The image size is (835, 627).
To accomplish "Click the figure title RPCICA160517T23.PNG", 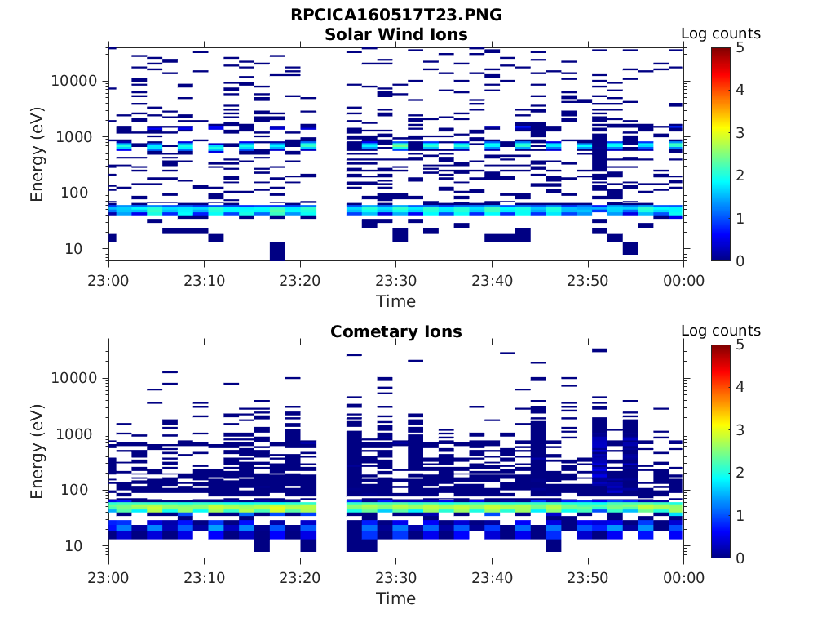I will (x=396, y=16).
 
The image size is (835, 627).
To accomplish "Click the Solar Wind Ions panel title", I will (x=396, y=34).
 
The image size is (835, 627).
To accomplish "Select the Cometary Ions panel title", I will (x=396, y=331).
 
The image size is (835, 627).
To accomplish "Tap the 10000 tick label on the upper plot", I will (x=74, y=82).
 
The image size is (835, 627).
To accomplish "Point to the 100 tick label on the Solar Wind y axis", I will (x=84, y=193).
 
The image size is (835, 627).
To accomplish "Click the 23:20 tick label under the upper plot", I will (x=300, y=281).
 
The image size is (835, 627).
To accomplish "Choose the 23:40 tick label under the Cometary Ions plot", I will (x=492, y=578).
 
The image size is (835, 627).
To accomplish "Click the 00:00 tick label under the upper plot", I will (x=683, y=281).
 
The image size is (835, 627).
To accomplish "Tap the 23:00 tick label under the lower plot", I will (x=108, y=578).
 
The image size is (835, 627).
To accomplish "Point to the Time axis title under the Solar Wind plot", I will (x=395, y=301).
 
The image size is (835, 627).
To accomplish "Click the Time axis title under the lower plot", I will (x=395, y=598).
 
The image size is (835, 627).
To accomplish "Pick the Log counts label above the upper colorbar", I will (x=721, y=33).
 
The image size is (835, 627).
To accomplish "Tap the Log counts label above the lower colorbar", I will (x=721, y=331).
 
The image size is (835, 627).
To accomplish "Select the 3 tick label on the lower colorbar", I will (x=740, y=430).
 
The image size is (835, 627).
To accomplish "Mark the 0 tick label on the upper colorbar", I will (x=740, y=260).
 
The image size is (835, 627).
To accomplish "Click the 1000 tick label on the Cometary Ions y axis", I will (x=79, y=434).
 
